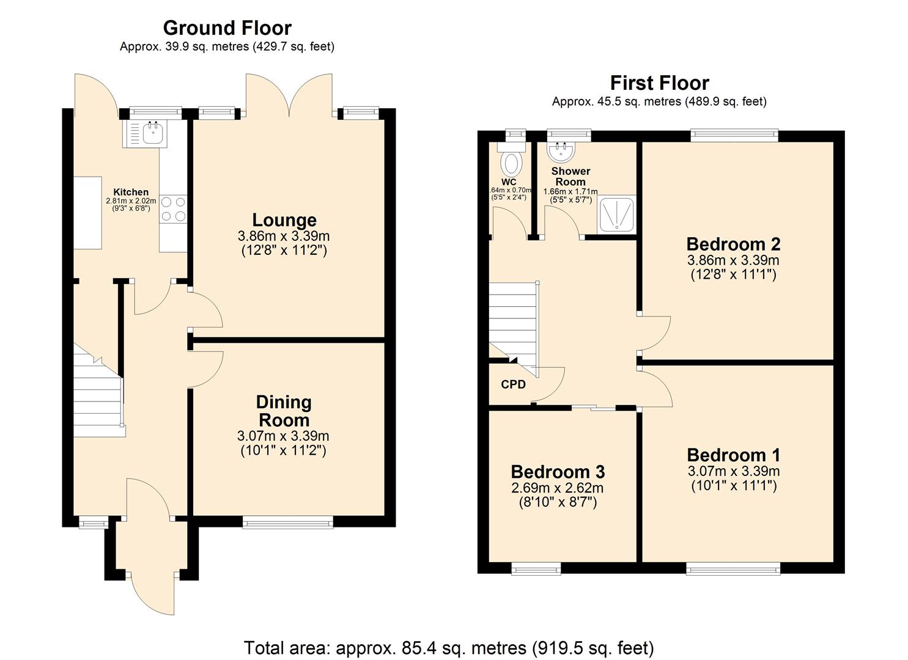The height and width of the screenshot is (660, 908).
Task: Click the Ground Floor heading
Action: [x=227, y=28]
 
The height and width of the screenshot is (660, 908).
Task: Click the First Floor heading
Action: [x=659, y=83]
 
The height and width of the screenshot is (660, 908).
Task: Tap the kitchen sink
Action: [x=152, y=133]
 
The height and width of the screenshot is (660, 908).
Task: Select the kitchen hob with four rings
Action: [x=174, y=209]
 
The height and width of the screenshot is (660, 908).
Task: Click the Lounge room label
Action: [x=284, y=220]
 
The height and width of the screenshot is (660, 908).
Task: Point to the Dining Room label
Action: [x=284, y=411]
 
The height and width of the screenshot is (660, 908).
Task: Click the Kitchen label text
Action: [x=131, y=192]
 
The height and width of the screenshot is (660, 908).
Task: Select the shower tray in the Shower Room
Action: [x=617, y=214]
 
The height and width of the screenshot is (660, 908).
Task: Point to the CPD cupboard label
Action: [x=513, y=384]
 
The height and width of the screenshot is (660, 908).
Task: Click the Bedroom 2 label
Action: [x=733, y=244]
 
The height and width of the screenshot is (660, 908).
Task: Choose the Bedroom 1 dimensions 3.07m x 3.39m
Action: [x=733, y=471]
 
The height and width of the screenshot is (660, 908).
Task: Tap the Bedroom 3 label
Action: [x=558, y=472]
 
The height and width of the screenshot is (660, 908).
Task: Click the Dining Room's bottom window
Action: [x=287, y=521]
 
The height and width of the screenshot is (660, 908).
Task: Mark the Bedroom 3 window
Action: [x=536, y=569]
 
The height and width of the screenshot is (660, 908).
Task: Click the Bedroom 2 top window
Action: [x=734, y=136]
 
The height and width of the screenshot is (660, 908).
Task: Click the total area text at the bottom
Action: [x=449, y=647]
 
